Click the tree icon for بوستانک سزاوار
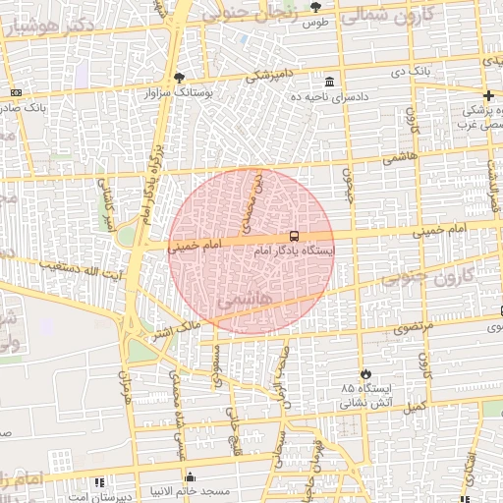pyautogui.click(x=178, y=78)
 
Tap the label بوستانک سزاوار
pyautogui.click(x=178, y=92)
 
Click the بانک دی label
pyautogui.click(x=411, y=72)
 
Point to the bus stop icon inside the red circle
pyautogui.click(x=294, y=236)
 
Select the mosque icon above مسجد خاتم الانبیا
pyautogui.click(x=190, y=477)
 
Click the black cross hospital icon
pyautogui.click(x=488, y=94)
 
